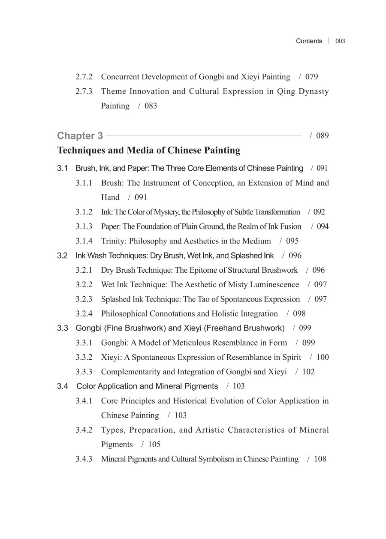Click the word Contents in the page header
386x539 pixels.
309,41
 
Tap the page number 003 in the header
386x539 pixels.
341,41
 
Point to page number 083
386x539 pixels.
151,106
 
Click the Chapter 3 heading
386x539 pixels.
80,136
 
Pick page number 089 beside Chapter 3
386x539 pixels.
323,136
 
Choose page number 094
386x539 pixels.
323,226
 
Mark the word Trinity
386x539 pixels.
114,241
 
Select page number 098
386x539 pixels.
299,314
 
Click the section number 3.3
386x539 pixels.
63,328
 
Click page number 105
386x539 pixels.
154,445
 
